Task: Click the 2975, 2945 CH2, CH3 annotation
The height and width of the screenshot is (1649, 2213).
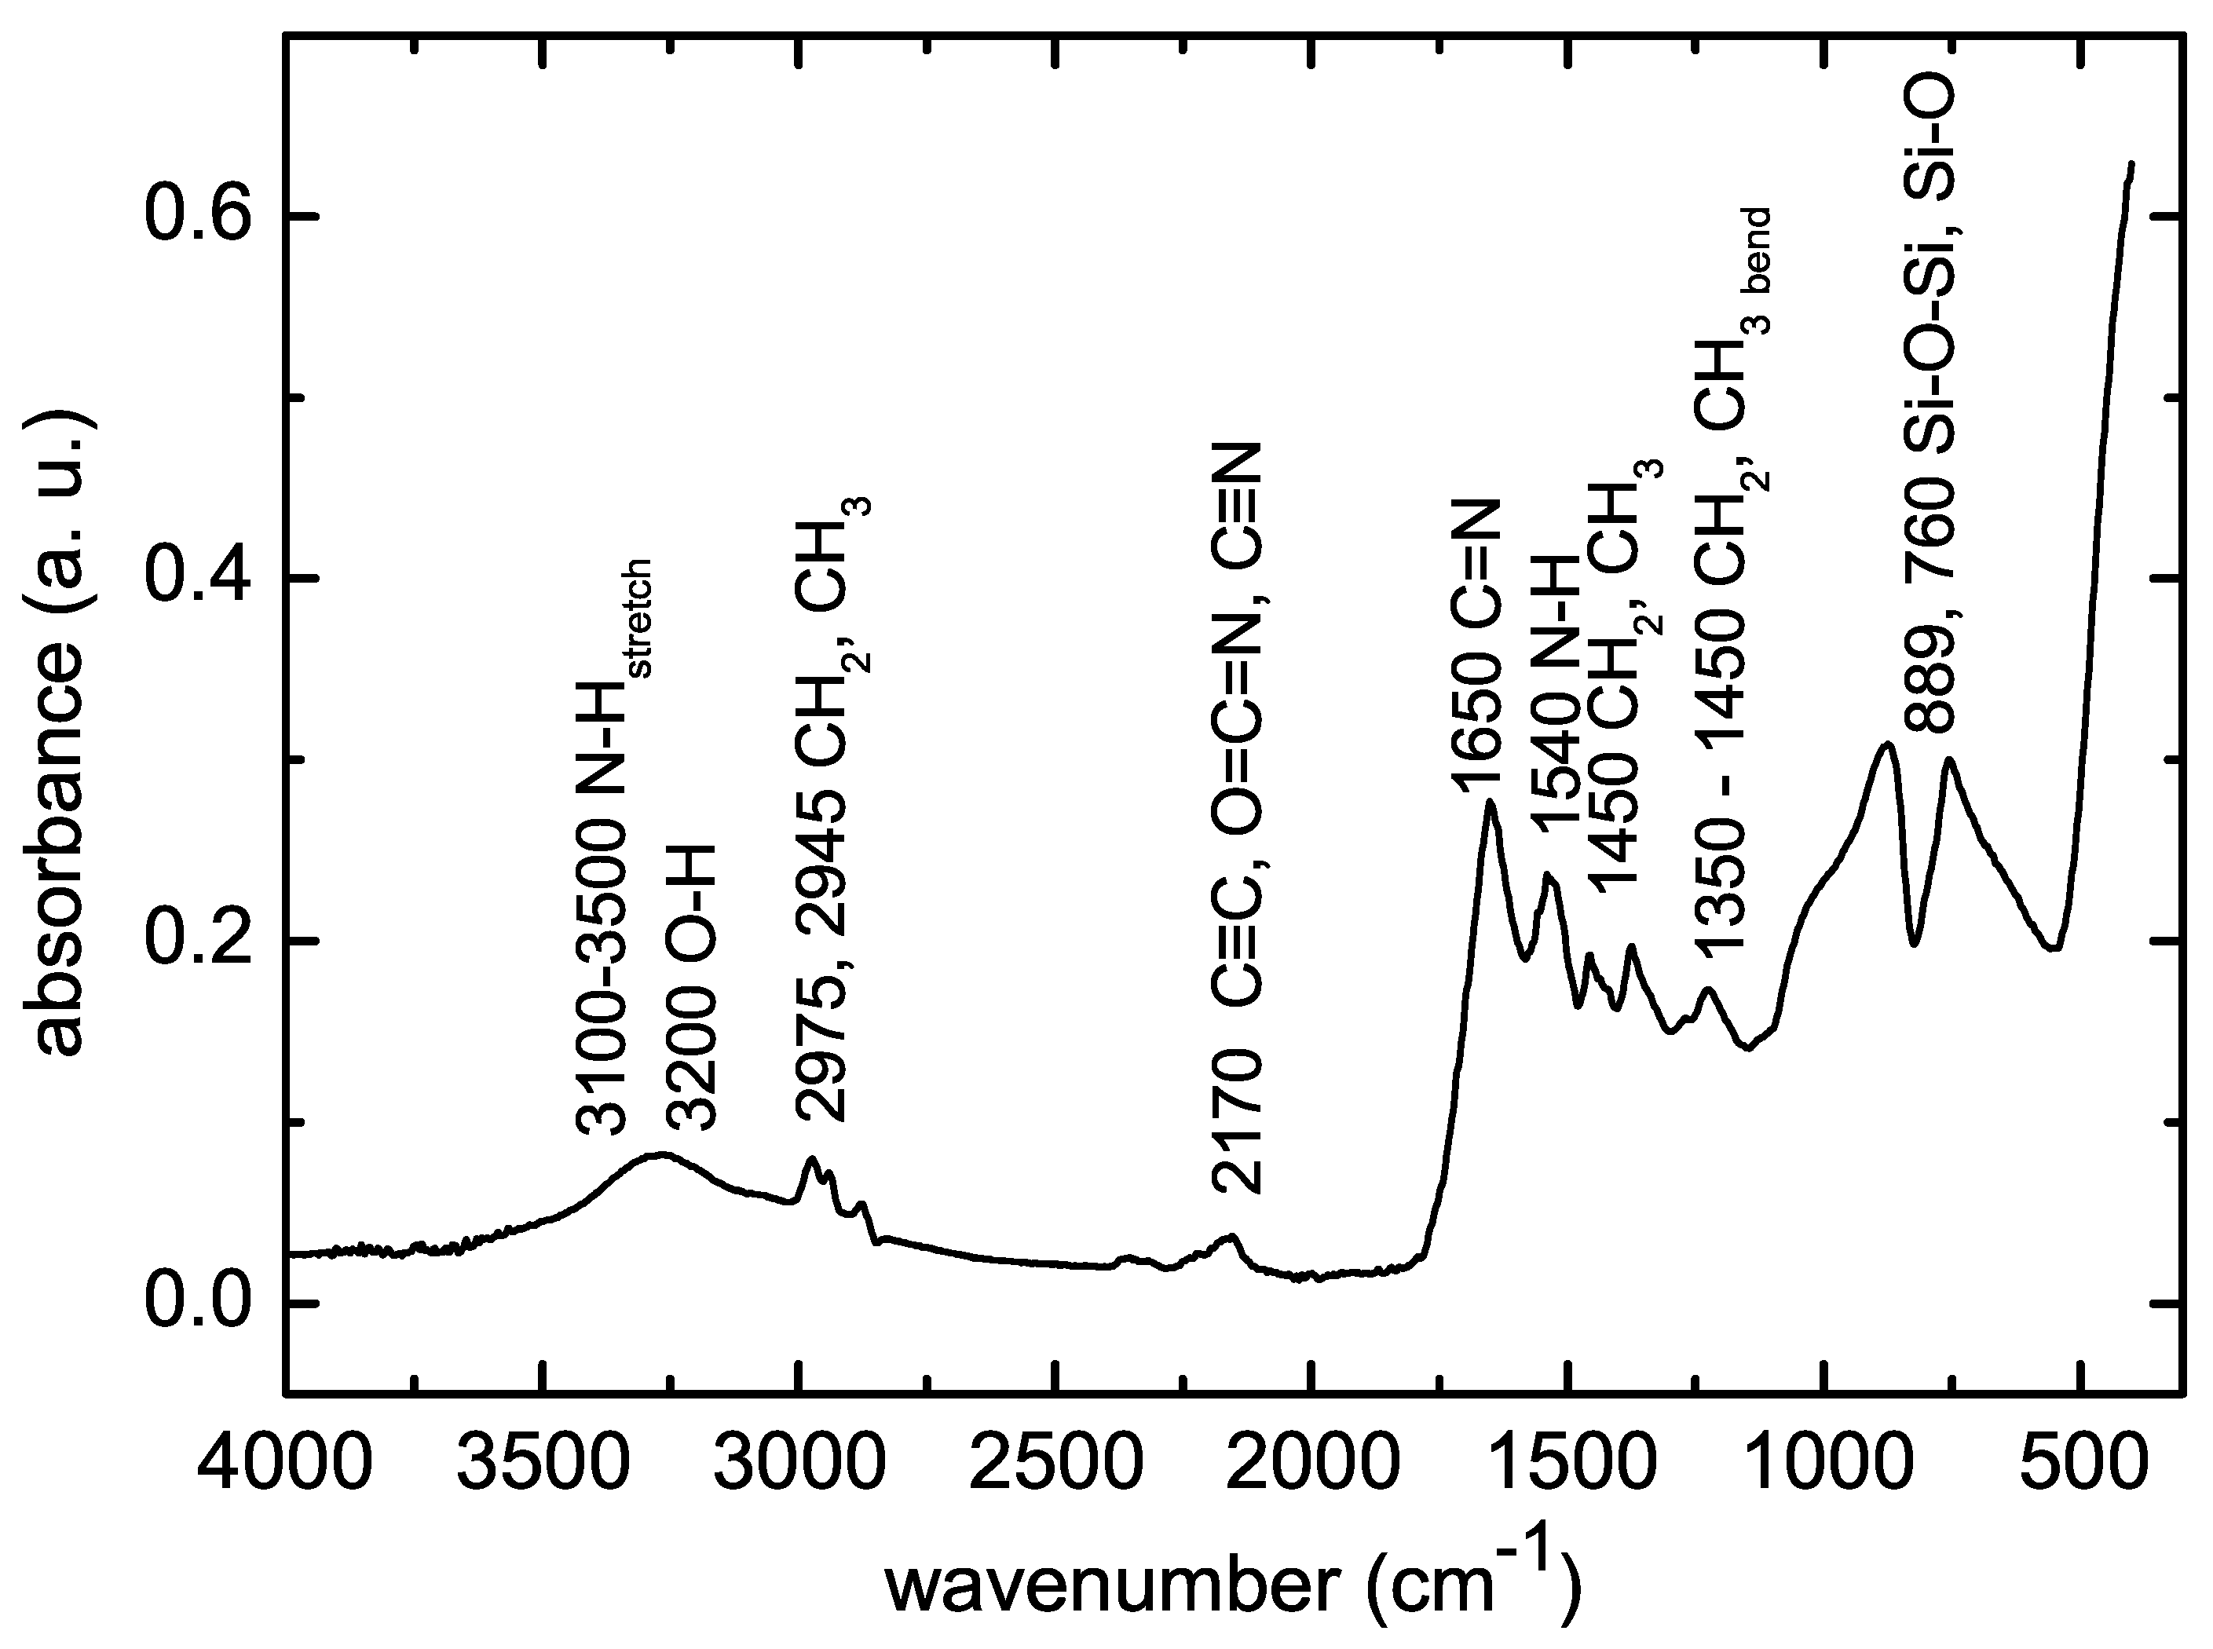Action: pyautogui.click(x=831, y=809)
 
